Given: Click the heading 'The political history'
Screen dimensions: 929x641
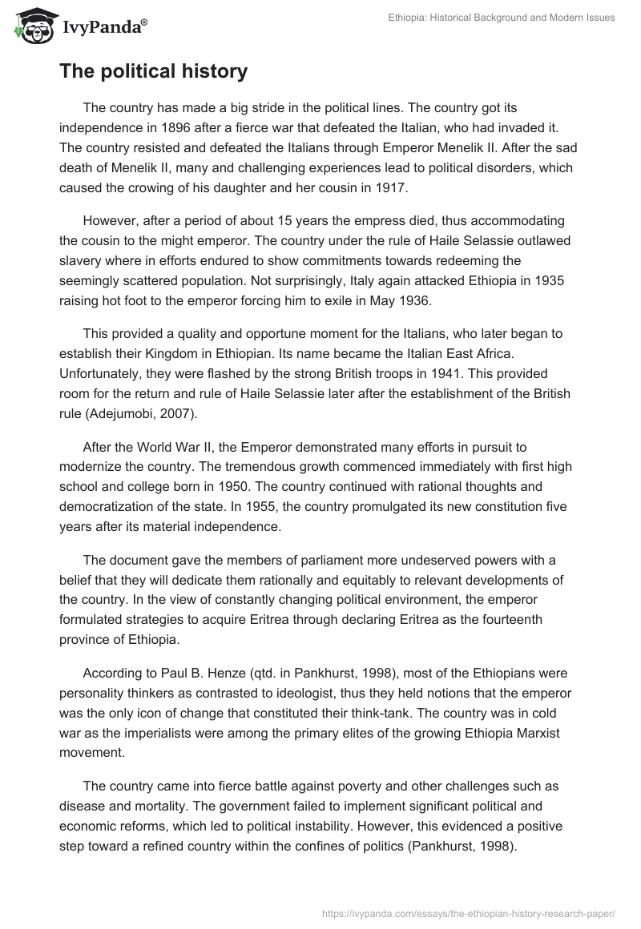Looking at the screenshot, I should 153,71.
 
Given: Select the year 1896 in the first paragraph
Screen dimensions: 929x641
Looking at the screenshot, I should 177,127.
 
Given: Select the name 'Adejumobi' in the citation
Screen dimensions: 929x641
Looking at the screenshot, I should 125,417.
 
